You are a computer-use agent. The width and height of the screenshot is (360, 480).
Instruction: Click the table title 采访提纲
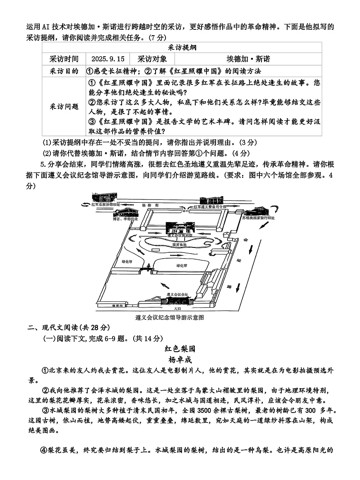coord(182,48)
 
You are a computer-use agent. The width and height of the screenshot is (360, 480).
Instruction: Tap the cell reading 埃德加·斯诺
coord(249,59)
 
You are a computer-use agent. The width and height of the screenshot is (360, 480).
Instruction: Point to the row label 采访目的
coord(64,71)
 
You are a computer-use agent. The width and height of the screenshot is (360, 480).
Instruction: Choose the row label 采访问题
coord(64,106)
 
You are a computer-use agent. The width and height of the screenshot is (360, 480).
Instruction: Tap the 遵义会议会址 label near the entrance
coord(177,294)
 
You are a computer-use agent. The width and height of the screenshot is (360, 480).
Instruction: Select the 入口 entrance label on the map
coord(178,309)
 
